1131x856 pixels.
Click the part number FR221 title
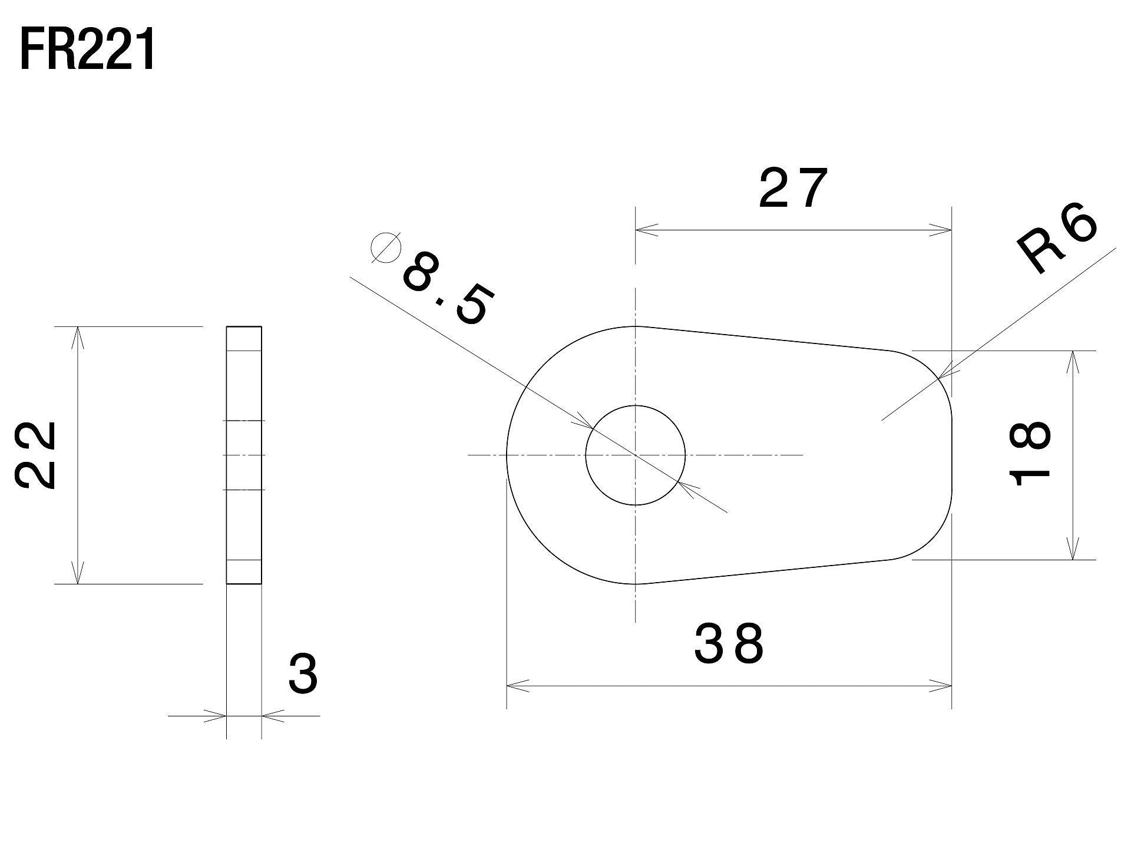88,51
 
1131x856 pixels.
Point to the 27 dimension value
793,188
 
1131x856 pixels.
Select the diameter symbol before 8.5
386,247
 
